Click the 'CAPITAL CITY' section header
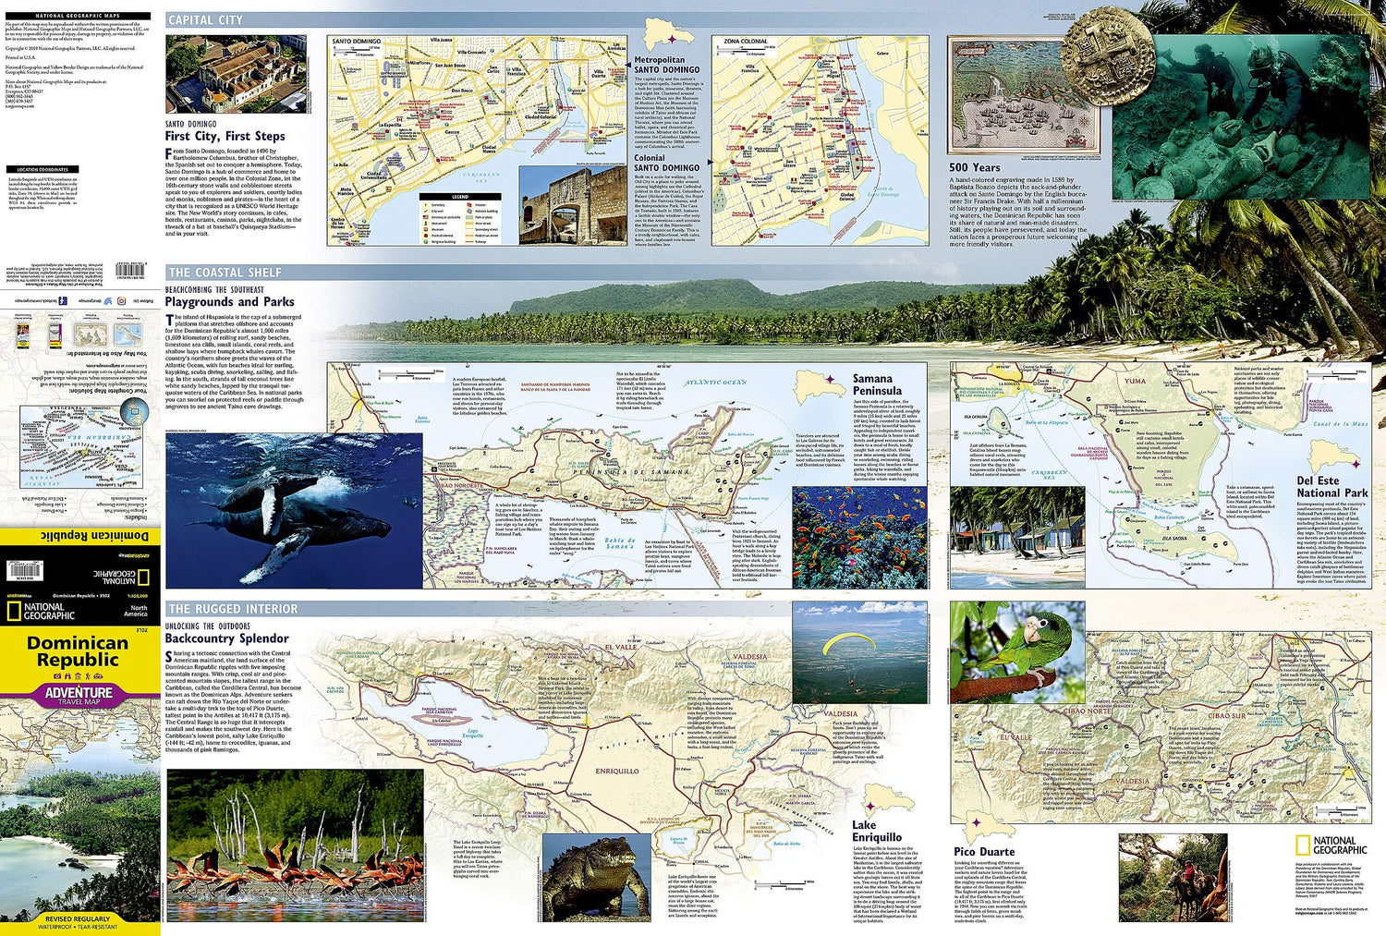pyautogui.click(x=205, y=19)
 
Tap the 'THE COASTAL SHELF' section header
pyautogui.click(x=225, y=273)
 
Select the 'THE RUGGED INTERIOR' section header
pyautogui.click(x=233, y=609)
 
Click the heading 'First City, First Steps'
pyautogui.click(x=225, y=136)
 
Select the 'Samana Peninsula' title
pyautogui.click(x=872, y=384)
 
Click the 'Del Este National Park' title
pyautogui.click(x=1331, y=487)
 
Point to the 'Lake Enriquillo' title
pyautogui.click(x=876, y=831)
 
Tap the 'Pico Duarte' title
pyautogui.click(x=984, y=852)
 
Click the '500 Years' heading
pyautogui.click(x=974, y=167)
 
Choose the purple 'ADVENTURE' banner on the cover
pyautogui.click(x=79, y=693)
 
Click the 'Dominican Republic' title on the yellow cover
pyautogui.click(x=78, y=651)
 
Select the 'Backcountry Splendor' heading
pyautogui.click(x=226, y=638)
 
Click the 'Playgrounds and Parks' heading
pyautogui.click(x=229, y=301)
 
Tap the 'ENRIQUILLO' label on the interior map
pyautogui.click(x=616, y=771)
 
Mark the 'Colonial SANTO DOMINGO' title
pyautogui.click(x=666, y=163)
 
